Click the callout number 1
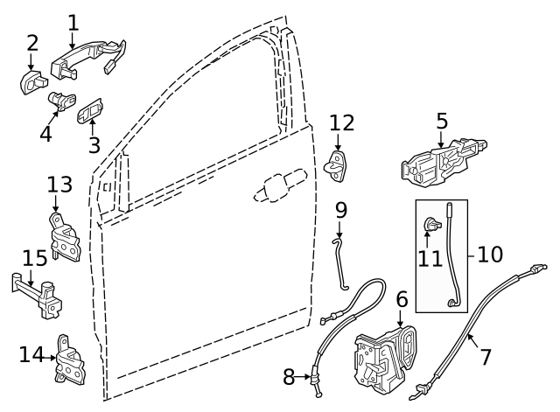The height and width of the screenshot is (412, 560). coord(73,22)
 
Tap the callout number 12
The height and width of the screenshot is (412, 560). coord(342,122)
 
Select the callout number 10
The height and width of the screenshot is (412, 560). coord(490,255)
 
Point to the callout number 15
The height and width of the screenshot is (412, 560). coord(34,258)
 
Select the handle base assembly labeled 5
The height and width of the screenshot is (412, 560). coord(442,164)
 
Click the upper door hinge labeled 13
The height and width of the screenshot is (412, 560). coord(66,239)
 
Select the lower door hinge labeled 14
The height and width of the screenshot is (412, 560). coord(69,360)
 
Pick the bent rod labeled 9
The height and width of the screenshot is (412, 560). coord(340,262)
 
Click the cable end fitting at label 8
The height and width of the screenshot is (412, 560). coord(311,379)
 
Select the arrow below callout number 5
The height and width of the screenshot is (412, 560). coord(441,137)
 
